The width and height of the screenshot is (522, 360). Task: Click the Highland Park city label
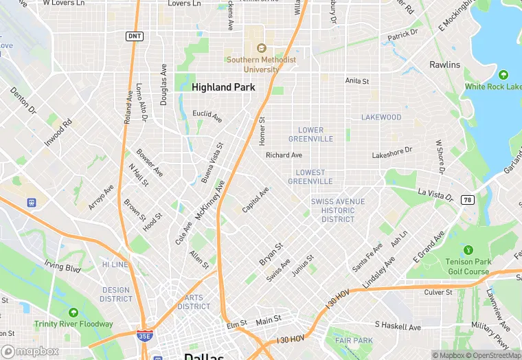(x=223, y=87)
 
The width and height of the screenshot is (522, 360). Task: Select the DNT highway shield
(x=135, y=36)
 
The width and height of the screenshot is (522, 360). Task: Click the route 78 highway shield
(x=468, y=199)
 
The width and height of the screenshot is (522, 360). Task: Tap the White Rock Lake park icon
(x=503, y=75)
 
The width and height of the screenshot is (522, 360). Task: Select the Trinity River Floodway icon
(x=73, y=313)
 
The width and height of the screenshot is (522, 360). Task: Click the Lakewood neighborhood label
(x=381, y=117)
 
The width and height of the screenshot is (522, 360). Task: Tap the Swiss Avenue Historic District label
(x=338, y=210)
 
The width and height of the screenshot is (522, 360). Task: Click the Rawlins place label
(x=444, y=65)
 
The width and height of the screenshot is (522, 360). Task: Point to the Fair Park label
(x=353, y=340)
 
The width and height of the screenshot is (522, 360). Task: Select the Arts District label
(x=194, y=302)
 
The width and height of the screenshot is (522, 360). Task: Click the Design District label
(x=115, y=294)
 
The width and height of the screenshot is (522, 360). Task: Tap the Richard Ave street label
(x=284, y=155)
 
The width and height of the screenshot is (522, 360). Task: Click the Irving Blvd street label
(x=63, y=266)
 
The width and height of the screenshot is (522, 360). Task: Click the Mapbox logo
(x=30, y=351)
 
